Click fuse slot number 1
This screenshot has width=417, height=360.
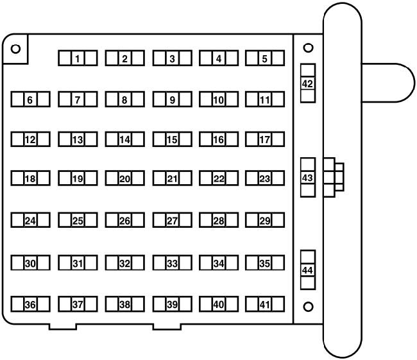[78, 58]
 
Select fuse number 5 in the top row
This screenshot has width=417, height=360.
[265, 58]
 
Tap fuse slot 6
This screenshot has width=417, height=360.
[30, 99]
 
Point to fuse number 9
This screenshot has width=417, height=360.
[173, 99]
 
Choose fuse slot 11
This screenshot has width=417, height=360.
[265, 99]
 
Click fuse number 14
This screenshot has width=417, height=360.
[124, 139]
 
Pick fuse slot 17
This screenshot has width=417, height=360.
[265, 139]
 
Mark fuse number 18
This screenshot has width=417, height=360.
[30, 178]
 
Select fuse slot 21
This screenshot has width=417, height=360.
[173, 178]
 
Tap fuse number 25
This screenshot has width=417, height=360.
[78, 220]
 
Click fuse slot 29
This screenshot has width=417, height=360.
[265, 220]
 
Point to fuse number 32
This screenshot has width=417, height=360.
[124, 263]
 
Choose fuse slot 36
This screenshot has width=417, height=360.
[30, 304]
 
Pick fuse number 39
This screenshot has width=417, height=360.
[173, 304]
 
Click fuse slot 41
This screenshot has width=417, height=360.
[265, 304]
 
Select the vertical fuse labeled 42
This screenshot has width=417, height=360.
[308, 83]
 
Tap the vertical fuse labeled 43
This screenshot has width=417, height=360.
[308, 177]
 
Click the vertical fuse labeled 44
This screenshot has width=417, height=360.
[308, 270]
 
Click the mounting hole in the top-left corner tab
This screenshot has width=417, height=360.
[15, 49]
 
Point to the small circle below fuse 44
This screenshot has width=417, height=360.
[308, 307]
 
